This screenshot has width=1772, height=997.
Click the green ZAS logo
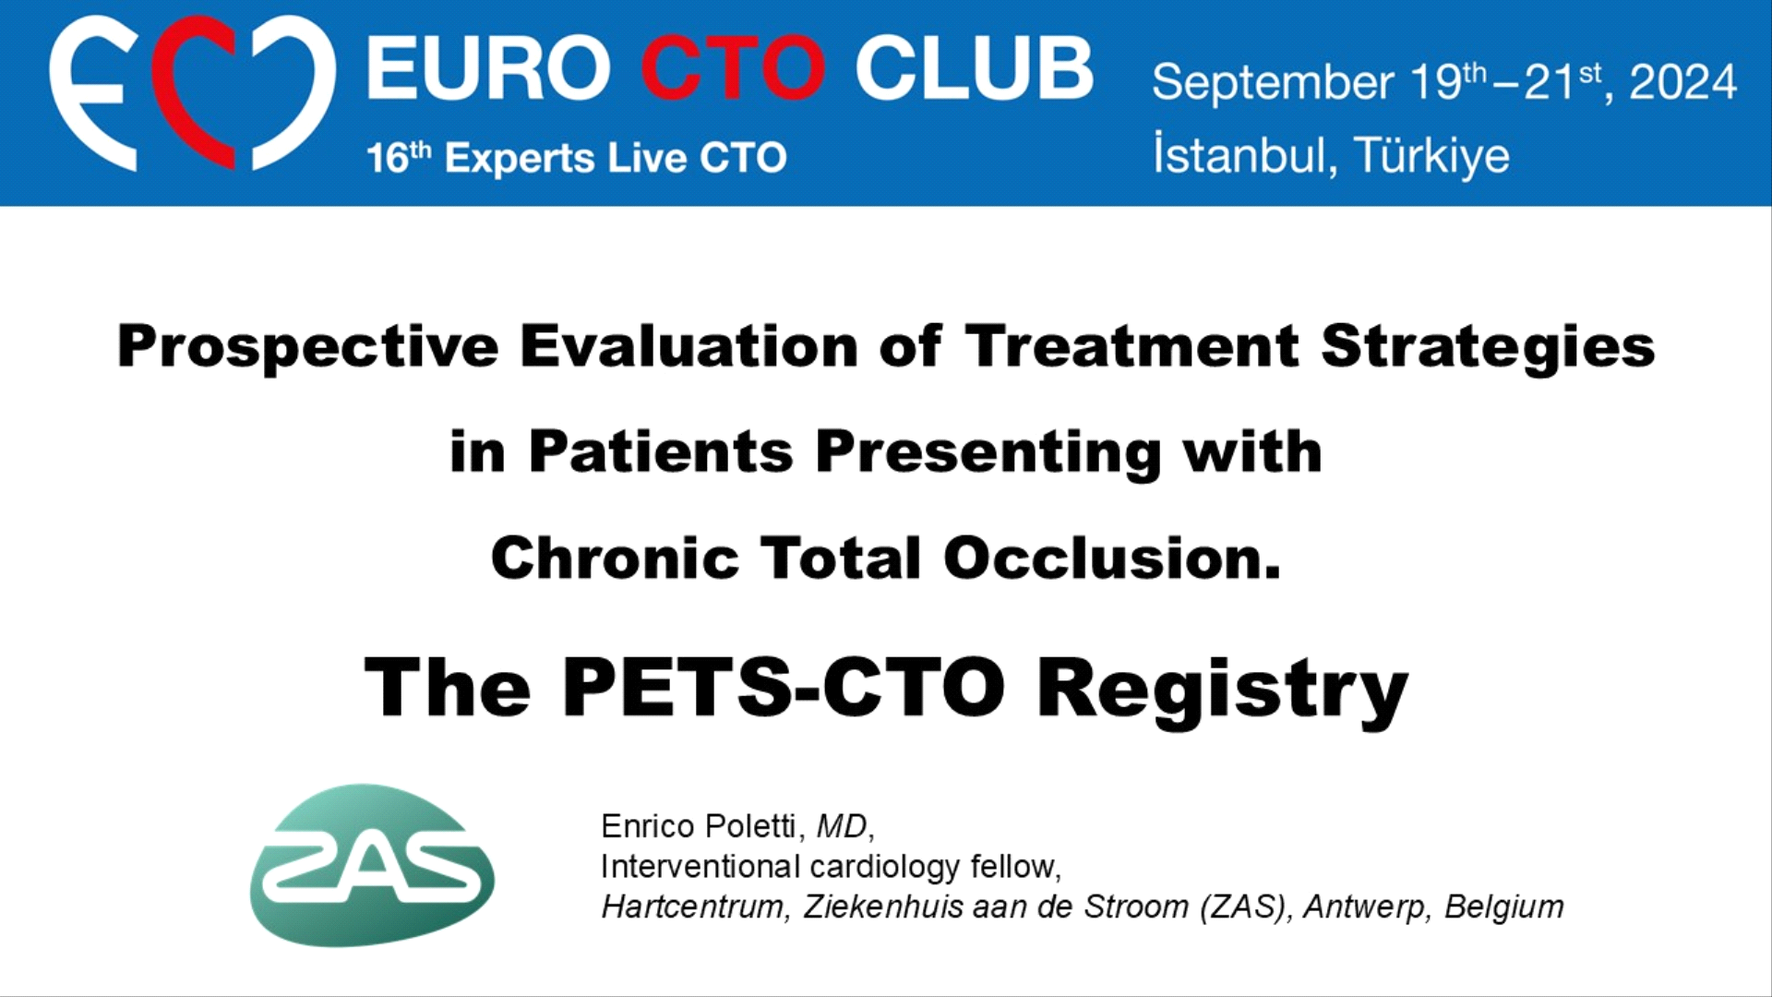[372, 865]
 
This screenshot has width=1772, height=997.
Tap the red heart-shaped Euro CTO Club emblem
[193, 93]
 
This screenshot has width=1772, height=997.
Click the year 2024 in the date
[1683, 81]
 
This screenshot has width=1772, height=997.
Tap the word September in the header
[1273, 83]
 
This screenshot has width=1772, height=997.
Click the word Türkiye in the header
[1431, 154]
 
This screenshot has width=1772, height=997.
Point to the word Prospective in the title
[308, 348]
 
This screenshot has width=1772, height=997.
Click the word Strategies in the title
[1488, 348]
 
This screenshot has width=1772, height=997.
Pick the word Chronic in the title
[615, 558]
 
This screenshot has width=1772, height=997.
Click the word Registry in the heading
[1223, 691]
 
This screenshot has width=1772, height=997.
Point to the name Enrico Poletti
[699, 825]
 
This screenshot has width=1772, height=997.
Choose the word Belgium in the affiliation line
[1504, 907]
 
